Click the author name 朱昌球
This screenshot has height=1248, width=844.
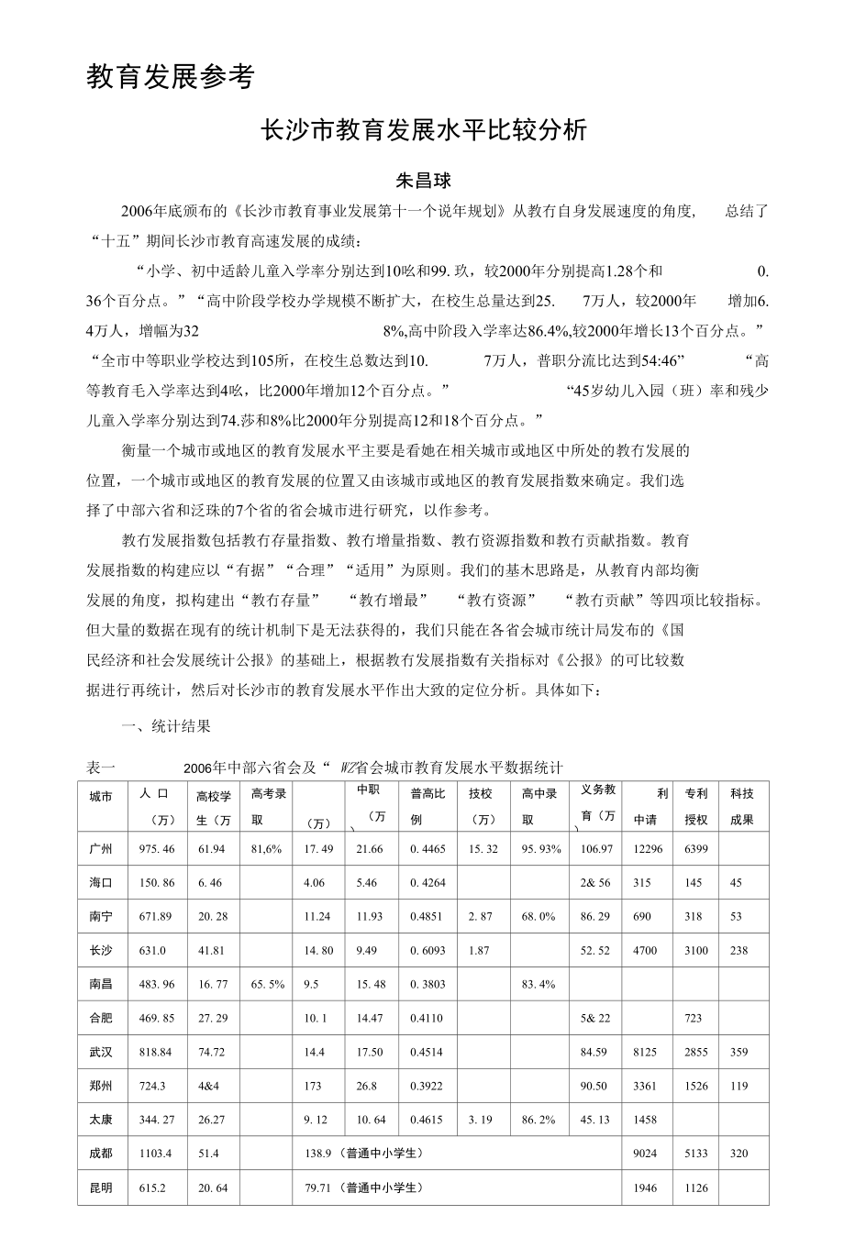423,180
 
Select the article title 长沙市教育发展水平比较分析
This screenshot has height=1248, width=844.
423,131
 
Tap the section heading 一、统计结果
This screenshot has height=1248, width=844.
167,726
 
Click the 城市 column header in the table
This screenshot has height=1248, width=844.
101,797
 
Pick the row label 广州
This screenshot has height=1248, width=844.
101,849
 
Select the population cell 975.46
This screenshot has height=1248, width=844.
156,849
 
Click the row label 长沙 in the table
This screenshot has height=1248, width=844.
101,951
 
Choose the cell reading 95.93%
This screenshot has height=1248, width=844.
541,849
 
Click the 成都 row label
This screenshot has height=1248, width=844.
101,1154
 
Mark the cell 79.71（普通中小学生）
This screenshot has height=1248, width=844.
364,1187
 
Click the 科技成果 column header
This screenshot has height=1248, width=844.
742,806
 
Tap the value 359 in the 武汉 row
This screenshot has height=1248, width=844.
739,1052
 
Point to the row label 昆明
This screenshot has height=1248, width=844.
101,1187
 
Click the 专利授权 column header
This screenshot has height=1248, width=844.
696,806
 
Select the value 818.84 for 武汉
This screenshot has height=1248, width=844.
156,1052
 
